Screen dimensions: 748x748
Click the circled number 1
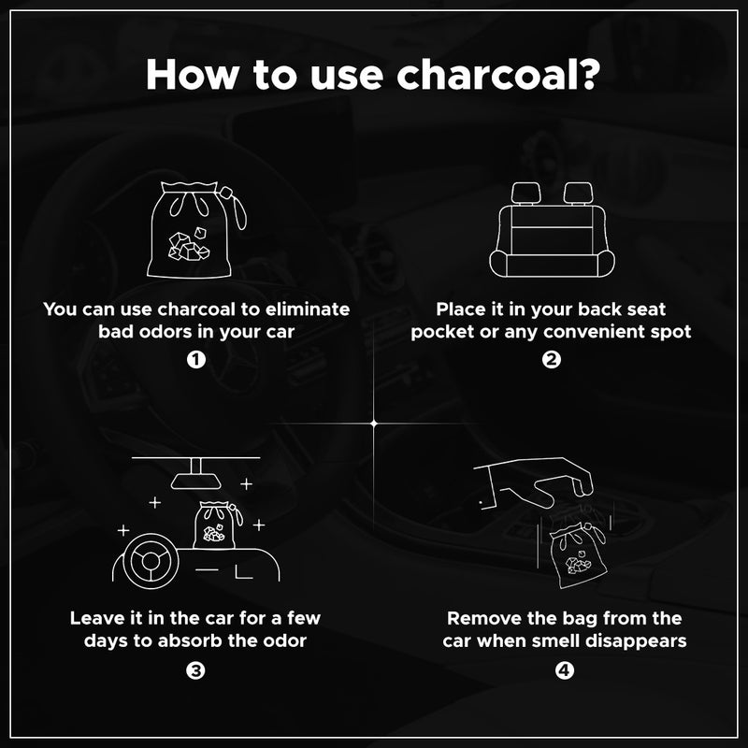point(196,360)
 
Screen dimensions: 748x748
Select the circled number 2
point(551,360)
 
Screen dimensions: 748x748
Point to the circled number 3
point(195,670)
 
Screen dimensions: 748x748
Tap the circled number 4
point(565,670)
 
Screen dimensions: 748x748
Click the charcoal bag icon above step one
point(195,229)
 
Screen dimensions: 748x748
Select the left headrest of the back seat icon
point(526,193)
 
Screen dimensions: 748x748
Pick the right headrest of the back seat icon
point(578,193)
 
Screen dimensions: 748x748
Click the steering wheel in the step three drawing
point(151,562)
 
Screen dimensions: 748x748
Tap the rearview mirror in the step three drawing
point(196,480)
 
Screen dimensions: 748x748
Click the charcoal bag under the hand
point(578,555)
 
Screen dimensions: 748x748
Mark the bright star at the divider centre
point(374,424)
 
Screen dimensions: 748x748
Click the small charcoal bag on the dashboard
point(217,525)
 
